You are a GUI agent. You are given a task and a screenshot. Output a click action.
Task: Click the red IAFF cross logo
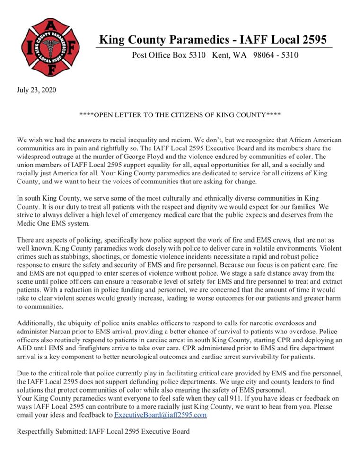click(x=51, y=47)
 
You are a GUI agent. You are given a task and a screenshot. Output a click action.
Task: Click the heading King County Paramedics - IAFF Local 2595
click(x=212, y=39)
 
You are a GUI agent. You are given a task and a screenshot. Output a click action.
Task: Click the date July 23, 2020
click(x=36, y=90)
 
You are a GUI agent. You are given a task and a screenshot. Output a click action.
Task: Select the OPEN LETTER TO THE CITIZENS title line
click(x=180, y=115)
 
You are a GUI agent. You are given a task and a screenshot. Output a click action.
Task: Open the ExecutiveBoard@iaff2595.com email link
click(x=161, y=415)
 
